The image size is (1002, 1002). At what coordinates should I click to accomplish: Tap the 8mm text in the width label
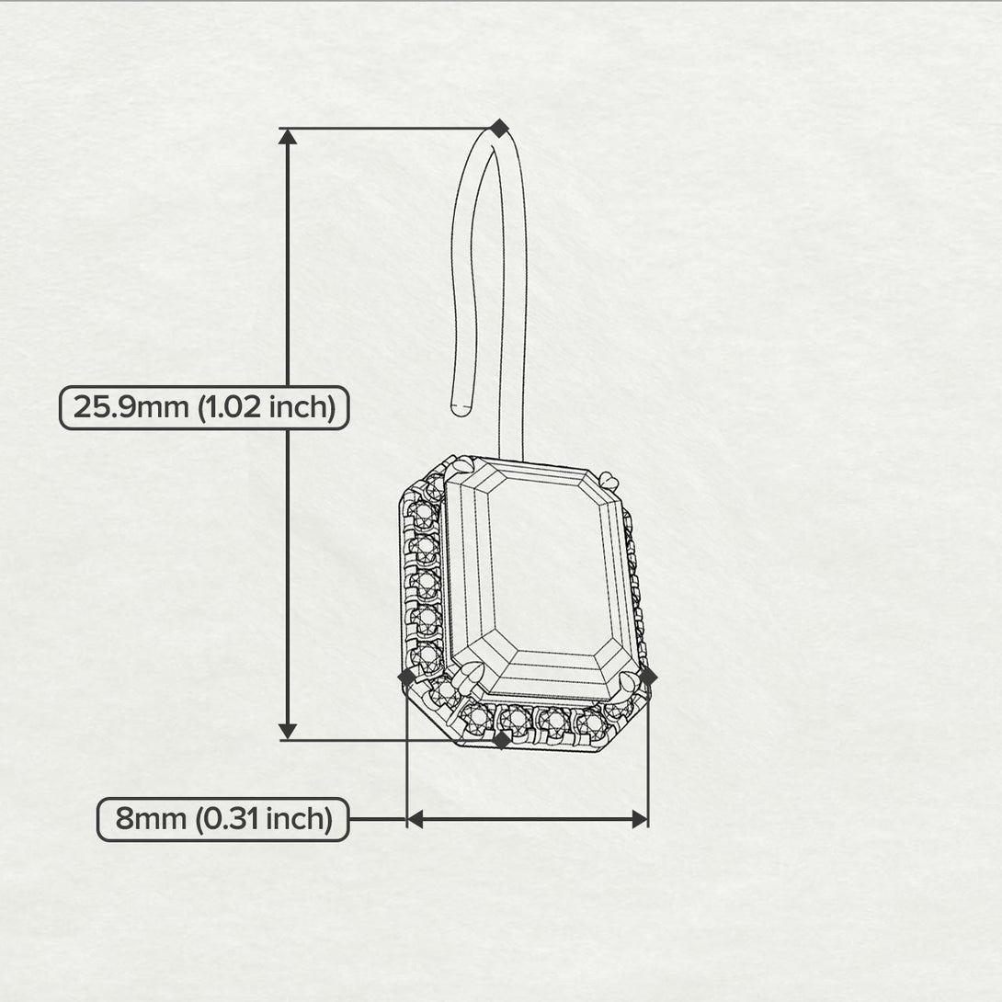pos(151,818)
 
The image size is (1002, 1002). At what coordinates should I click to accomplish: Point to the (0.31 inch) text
pos(263,819)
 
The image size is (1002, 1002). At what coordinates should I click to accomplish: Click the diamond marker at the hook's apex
pos(499,128)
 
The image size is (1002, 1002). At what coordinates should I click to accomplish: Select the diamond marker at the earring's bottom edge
pos(502,740)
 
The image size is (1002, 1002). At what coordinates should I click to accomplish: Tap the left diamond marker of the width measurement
pos(407,676)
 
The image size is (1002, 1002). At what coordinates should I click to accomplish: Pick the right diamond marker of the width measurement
pos(648,676)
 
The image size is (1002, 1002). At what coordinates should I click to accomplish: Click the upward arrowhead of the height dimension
pos(289,136)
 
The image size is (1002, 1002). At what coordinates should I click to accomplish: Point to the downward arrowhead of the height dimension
pos(289,732)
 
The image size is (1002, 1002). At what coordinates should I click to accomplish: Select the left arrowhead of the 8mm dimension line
pos(416,819)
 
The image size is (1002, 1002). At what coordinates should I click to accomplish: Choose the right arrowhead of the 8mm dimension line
pos(640,819)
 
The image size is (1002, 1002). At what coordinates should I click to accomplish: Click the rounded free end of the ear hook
pos(461,409)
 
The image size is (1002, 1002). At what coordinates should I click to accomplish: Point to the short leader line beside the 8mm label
pos(379,819)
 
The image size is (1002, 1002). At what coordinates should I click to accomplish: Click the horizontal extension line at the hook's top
pos(389,128)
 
